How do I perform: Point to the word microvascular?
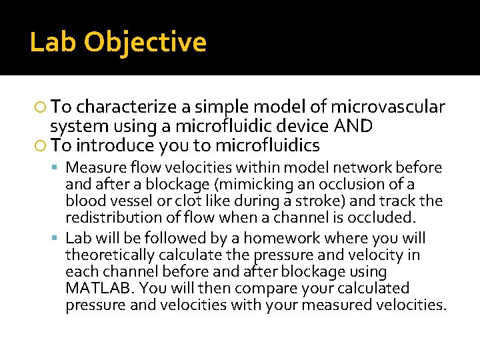pos(388,107)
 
